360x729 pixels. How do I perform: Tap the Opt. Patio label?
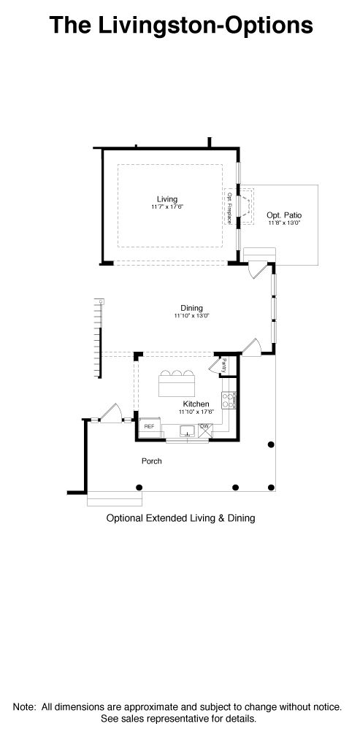(284, 215)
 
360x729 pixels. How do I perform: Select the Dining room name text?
(191, 308)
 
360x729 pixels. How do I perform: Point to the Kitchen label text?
(196, 404)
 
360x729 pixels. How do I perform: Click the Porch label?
(152, 461)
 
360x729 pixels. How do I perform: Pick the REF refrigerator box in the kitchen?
(149, 426)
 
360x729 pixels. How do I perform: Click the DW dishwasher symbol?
(206, 426)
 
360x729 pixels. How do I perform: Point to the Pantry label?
(223, 366)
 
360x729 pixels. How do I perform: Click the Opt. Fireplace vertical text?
(229, 207)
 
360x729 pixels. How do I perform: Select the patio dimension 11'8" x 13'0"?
(284, 223)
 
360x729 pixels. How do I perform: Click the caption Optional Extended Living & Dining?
(180, 520)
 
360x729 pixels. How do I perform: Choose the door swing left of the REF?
(110, 413)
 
